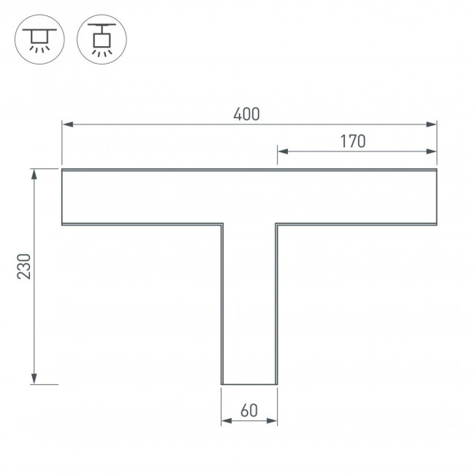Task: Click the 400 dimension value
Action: [x=247, y=114]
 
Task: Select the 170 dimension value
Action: [x=352, y=141]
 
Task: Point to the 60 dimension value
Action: [x=248, y=411]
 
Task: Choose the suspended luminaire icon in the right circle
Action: [x=102, y=38]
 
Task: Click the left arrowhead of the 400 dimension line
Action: [x=66, y=124]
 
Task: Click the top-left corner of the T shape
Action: [x=62, y=170]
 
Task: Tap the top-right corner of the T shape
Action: [x=436, y=170]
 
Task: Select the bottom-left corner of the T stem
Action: [x=221, y=384]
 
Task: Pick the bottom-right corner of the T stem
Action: [x=277, y=384]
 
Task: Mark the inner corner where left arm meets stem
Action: [x=221, y=224]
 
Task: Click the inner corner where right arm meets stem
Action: [x=277, y=224]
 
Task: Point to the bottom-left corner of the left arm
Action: [x=62, y=224]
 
